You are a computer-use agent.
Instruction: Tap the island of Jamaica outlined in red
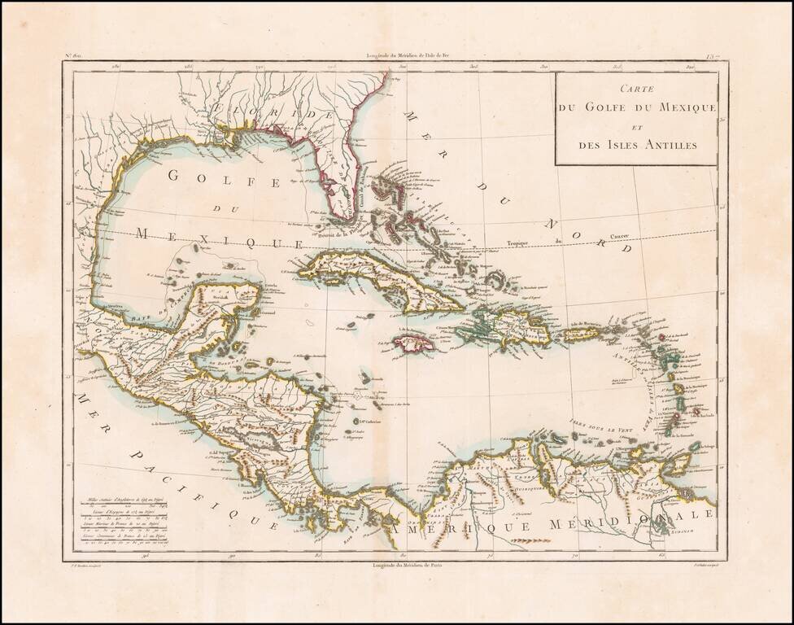click(x=415, y=343)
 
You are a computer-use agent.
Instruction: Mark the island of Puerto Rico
click(x=583, y=334)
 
